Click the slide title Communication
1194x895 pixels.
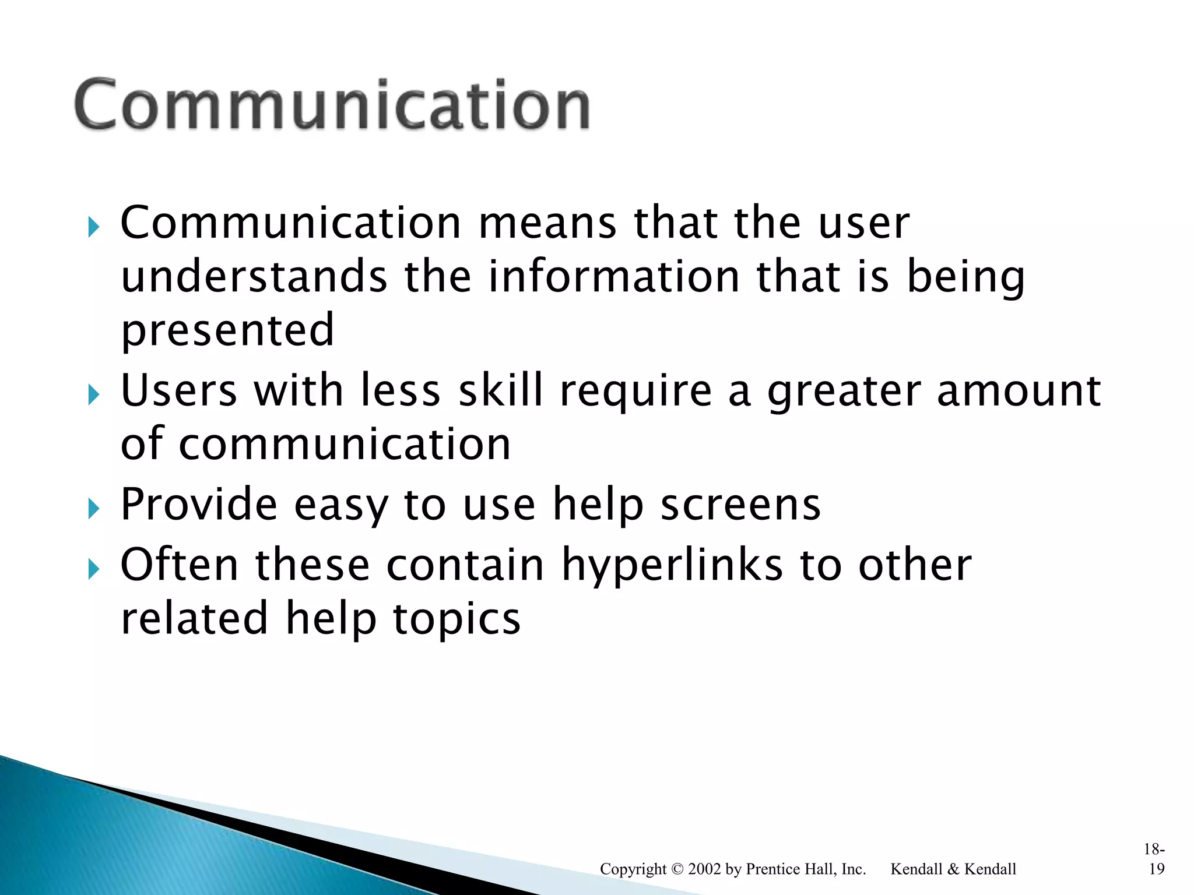[x=332, y=105]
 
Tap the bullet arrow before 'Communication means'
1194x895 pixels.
[x=93, y=227]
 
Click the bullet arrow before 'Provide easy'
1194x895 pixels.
[x=93, y=509]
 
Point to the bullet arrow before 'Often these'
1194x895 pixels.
[x=93, y=569]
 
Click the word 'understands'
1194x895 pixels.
[x=254, y=277]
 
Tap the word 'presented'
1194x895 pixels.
[x=227, y=330]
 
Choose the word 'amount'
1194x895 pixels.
[x=1019, y=390]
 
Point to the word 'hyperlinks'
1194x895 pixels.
[x=672, y=565]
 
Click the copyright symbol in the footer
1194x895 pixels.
[x=677, y=869]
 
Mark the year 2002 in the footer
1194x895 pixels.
[x=704, y=869]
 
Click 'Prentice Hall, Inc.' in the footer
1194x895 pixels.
[x=806, y=869]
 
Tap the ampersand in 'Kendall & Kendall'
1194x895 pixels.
[x=953, y=869]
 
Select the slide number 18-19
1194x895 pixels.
[x=1155, y=859]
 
